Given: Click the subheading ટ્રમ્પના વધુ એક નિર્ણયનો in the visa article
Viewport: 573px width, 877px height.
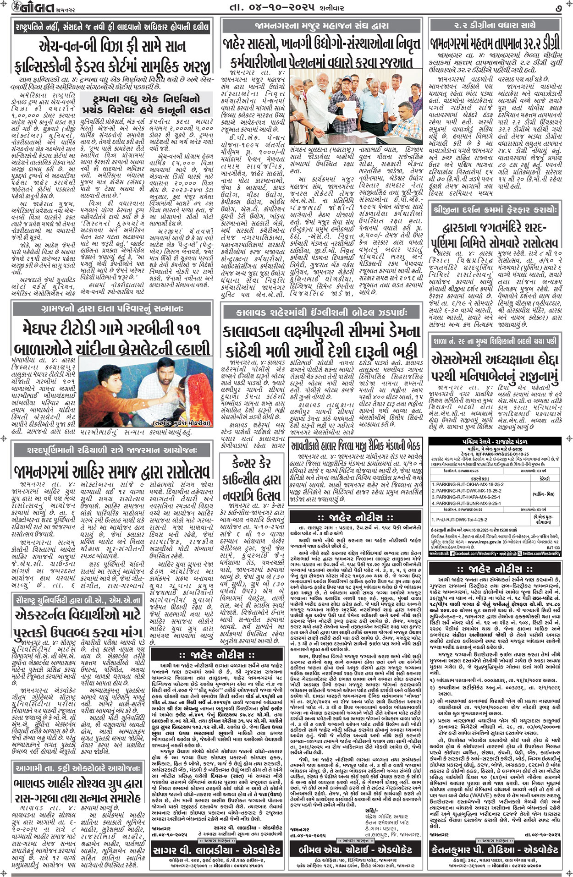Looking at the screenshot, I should click(x=146, y=104).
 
